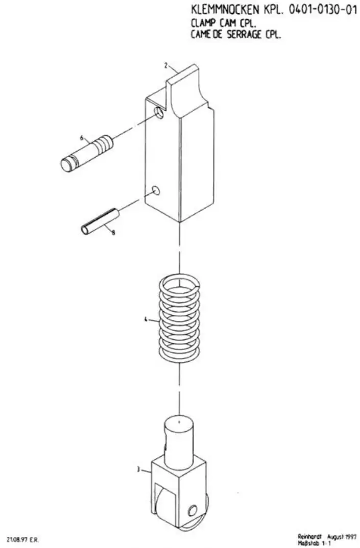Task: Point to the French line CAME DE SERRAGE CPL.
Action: (x=236, y=35)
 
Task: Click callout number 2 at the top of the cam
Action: (x=166, y=65)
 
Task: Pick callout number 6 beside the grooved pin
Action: (x=82, y=138)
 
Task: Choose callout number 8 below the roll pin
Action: (x=113, y=232)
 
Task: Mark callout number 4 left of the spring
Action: (x=146, y=319)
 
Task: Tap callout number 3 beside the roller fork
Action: (x=138, y=469)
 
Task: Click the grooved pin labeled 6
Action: (x=87, y=153)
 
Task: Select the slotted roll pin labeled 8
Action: (x=100, y=221)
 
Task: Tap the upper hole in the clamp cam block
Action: (x=159, y=113)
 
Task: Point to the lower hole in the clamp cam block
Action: (x=156, y=190)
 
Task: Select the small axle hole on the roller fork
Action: (x=193, y=510)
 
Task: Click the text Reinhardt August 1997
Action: (x=327, y=536)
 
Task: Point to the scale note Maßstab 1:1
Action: (x=314, y=543)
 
